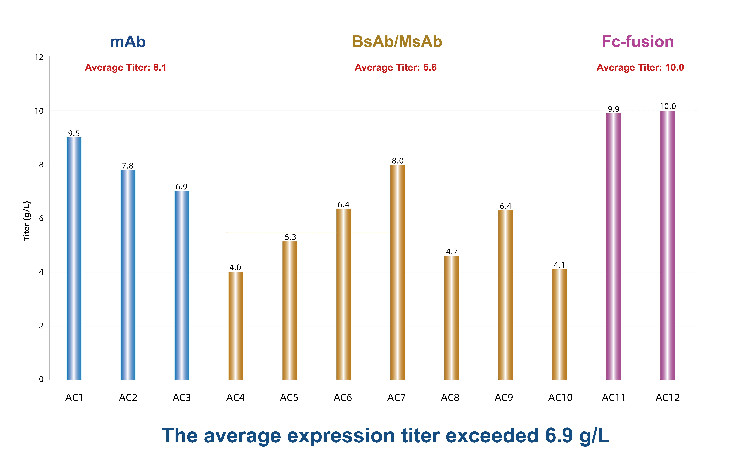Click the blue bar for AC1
click(x=74, y=259)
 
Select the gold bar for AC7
click(x=398, y=272)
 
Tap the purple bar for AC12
click(x=668, y=245)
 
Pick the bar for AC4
click(x=236, y=326)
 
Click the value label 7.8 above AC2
click(x=128, y=166)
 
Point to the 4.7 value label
click(x=452, y=252)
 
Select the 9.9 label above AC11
click(x=614, y=109)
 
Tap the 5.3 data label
click(x=290, y=237)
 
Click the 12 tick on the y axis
click(x=39, y=58)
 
